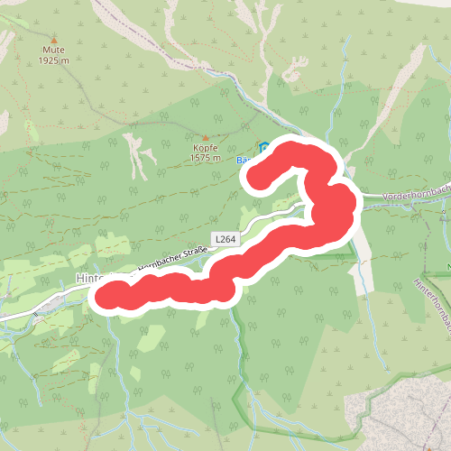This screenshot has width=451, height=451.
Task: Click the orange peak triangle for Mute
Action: coord(54,41)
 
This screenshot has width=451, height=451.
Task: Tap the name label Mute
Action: coord(54,51)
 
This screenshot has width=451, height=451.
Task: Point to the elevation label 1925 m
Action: coord(54,60)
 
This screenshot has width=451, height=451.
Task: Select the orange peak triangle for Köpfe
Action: coord(205,137)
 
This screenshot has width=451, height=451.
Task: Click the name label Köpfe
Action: coord(206,148)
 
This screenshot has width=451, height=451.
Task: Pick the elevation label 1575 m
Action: coord(206,158)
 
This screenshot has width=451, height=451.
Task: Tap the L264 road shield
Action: coord(225,238)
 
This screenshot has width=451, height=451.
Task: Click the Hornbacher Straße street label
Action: coord(161,261)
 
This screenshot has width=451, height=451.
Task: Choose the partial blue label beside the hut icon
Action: coord(244,160)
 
